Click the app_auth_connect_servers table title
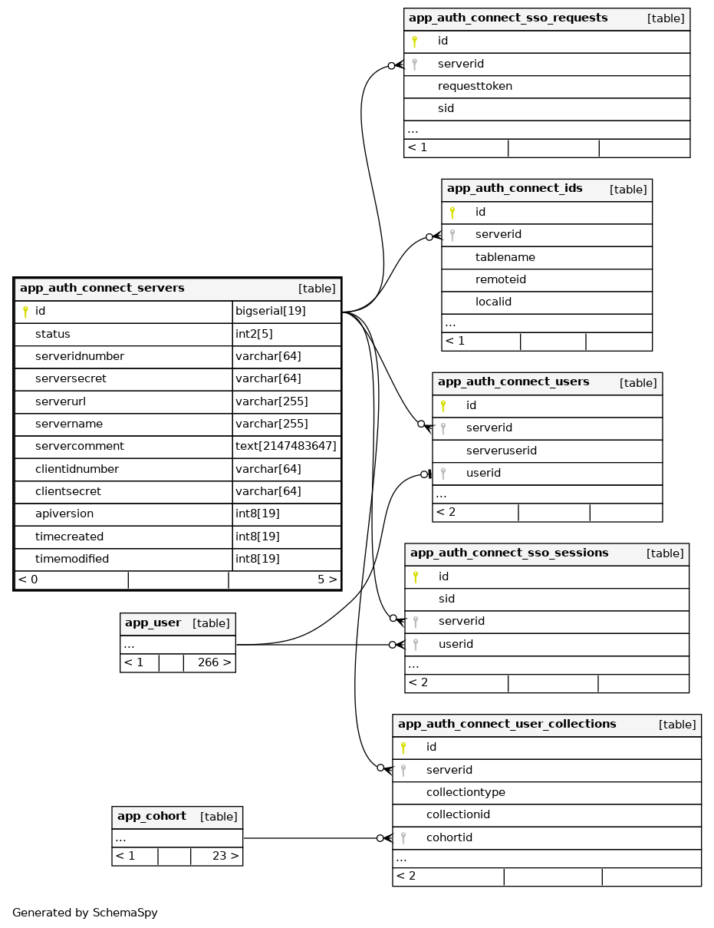coord(102,289)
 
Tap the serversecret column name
coord(71,378)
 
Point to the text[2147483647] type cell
coord(286,446)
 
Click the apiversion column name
coord(64,514)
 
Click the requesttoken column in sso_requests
coord(475,86)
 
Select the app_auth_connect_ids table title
coord(515,189)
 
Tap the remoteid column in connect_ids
coord(501,279)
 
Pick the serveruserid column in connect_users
coord(502,451)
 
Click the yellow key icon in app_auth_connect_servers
coord(25,312)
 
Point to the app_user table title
coord(153,623)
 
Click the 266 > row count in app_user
coord(214,662)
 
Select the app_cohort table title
coord(152,817)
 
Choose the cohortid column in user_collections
coord(449,837)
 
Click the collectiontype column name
coord(466,792)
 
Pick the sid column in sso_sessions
coord(447,599)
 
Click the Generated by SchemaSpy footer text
coord(85,913)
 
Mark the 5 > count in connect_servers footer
coord(327,580)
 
